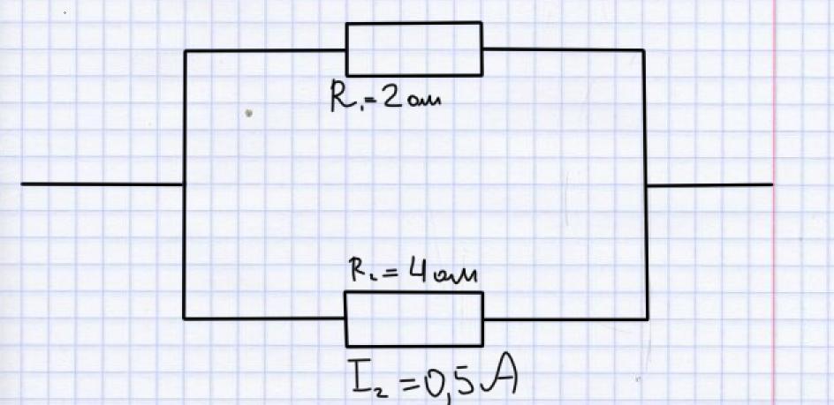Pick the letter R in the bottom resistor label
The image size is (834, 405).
click(x=358, y=270)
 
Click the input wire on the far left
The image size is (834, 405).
click(x=102, y=184)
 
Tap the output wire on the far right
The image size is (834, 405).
click(x=709, y=185)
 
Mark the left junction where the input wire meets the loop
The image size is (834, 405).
click(x=184, y=184)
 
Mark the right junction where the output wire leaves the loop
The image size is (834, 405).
click(x=646, y=185)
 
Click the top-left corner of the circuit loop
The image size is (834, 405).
click(x=185, y=51)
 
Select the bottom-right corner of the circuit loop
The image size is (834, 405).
click(x=647, y=319)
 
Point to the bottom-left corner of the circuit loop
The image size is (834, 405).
click(x=184, y=319)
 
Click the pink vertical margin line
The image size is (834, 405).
click(x=774, y=203)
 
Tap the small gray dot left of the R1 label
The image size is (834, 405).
click(x=248, y=113)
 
